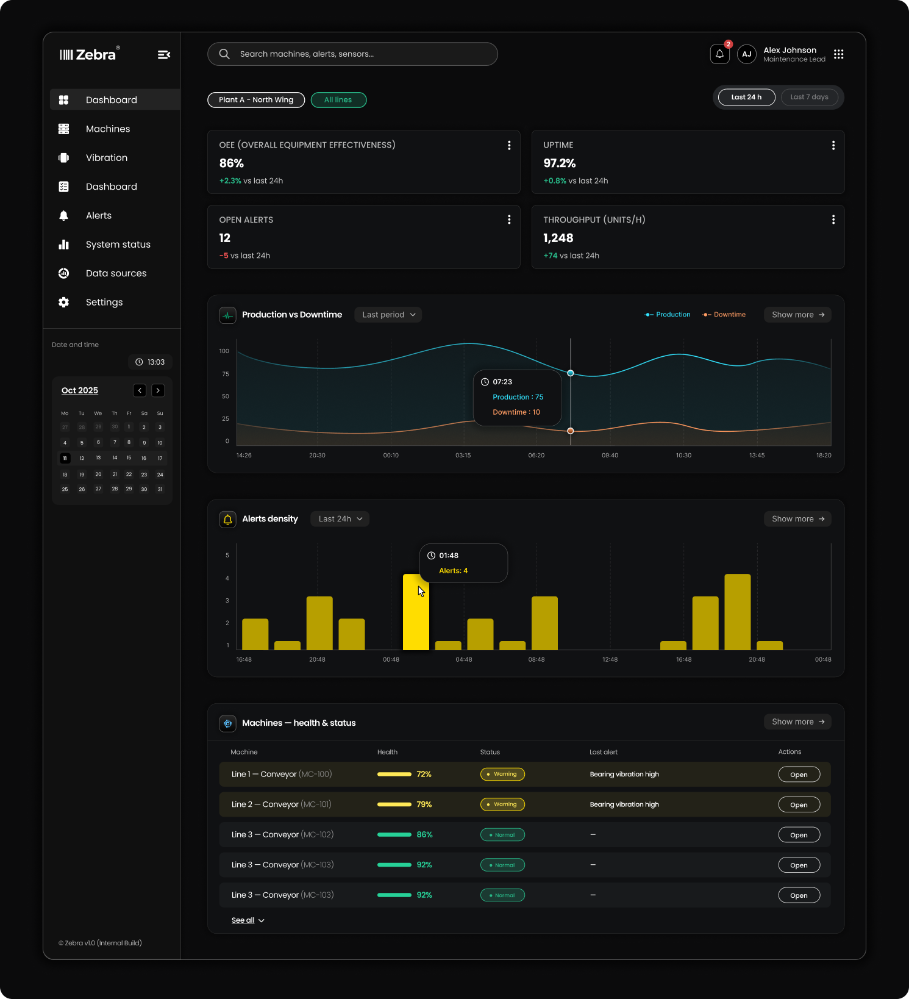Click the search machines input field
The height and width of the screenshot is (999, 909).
tap(352, 54)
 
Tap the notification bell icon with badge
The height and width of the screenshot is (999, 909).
tap(720, 54)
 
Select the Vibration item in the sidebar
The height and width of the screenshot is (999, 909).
tap(107, 157)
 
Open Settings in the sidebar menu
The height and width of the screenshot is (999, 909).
tap(104, 302)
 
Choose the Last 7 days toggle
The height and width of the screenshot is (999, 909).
tap(809, 97)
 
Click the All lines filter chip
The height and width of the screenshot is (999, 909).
tap(338, 100)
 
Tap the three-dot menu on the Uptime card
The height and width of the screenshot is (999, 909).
tap(833, 145)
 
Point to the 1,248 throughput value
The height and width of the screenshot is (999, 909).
tap(558, 238)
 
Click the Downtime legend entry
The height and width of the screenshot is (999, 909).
tap(724, 315)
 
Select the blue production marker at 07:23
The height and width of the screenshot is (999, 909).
tap(571, 373)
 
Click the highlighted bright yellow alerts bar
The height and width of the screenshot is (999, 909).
tap(416, 612)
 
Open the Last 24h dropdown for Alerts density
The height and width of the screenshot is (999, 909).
tap(340, 519)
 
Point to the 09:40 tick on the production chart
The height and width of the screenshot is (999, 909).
tap(610, 456)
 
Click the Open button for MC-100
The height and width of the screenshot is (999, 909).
tap(799, 775)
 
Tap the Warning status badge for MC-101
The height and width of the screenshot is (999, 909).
tap(502, 804)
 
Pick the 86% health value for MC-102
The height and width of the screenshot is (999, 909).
tap(424, 835)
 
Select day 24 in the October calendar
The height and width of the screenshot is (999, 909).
tap(160, 474)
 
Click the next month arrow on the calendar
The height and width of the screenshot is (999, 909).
tap(158, 390)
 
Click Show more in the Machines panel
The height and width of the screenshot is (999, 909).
tap(797, 722)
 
